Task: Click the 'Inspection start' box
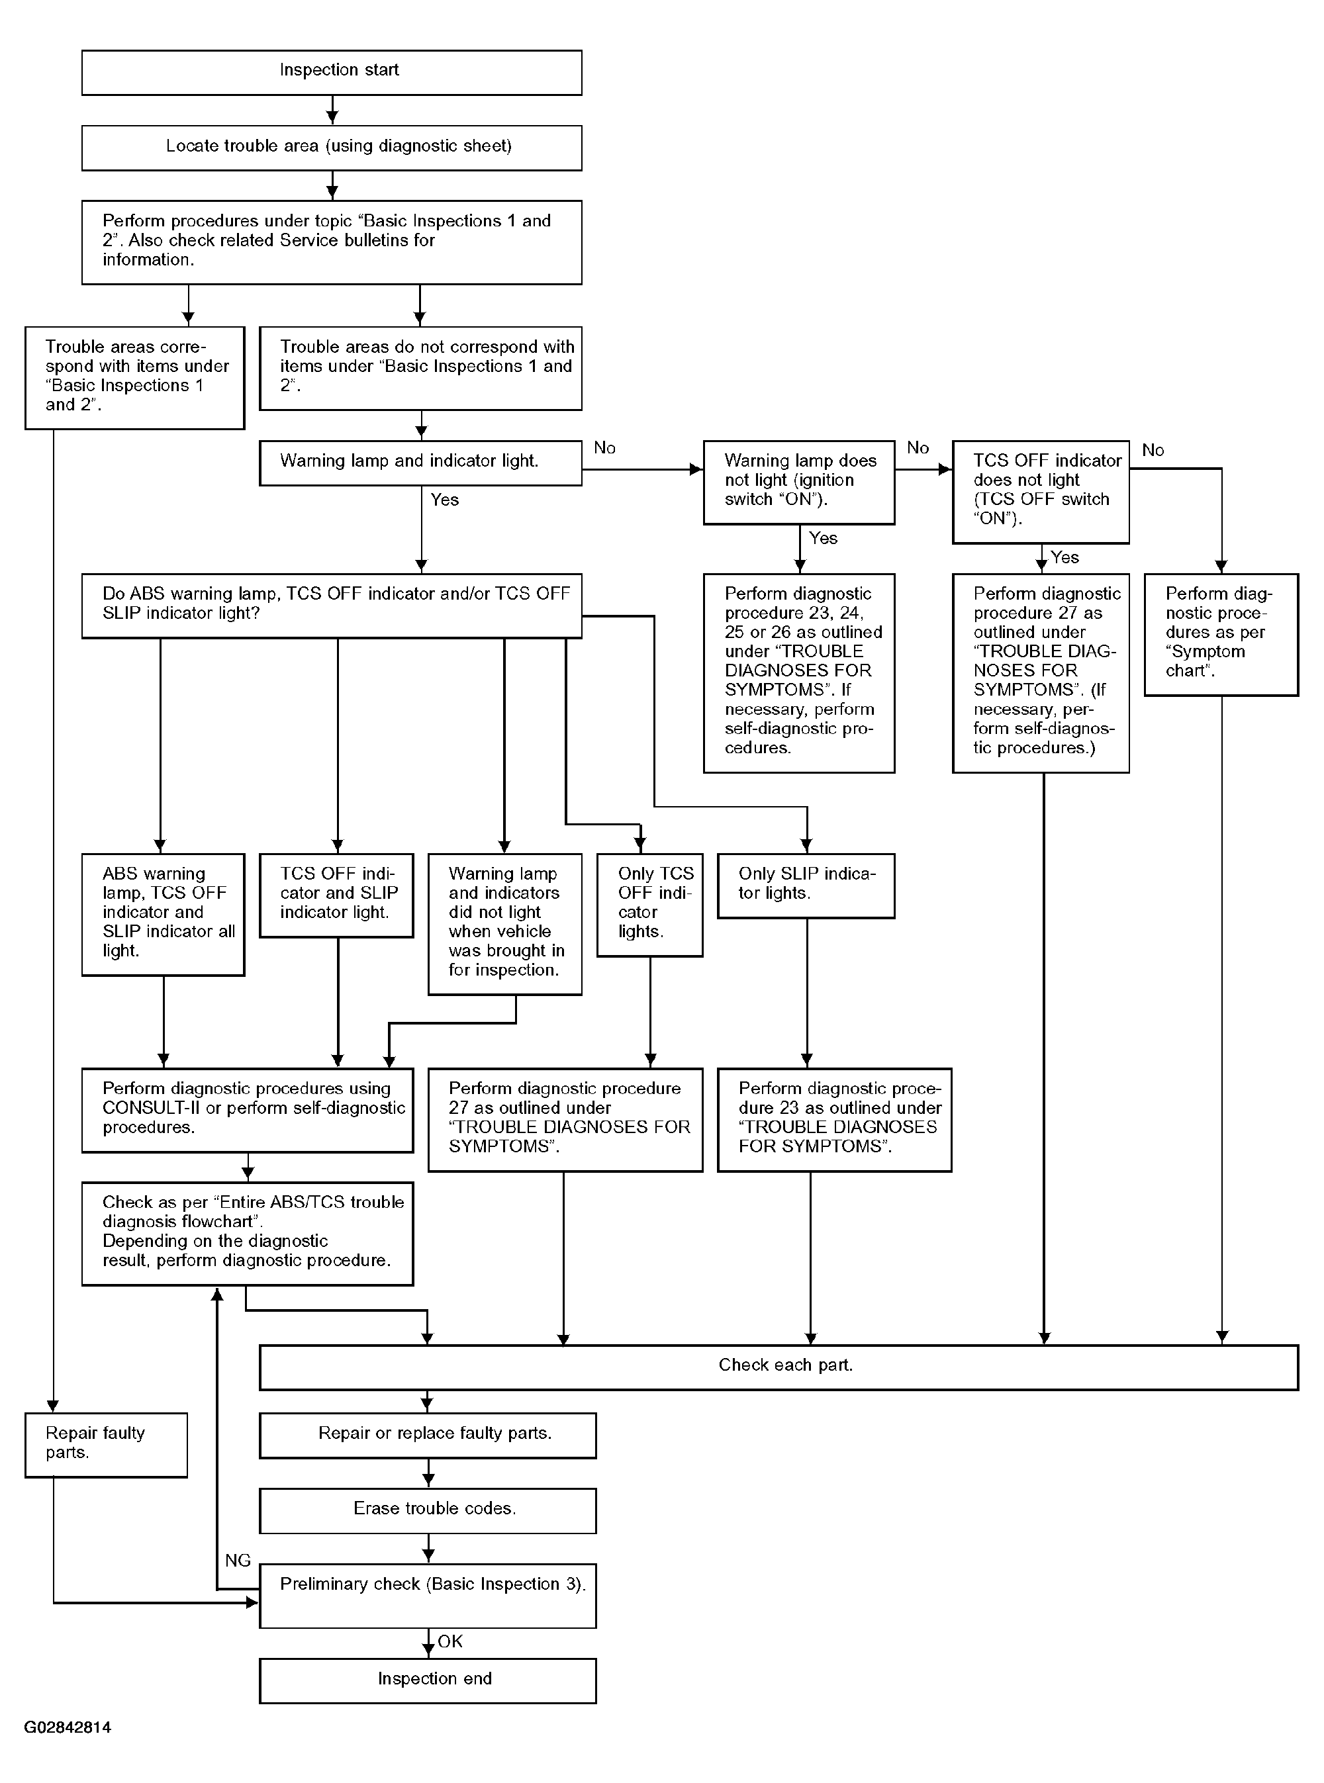331,72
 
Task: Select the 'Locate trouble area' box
331,148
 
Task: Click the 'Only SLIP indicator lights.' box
806,885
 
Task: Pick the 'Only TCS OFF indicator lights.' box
649,904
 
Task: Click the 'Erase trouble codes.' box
427,1510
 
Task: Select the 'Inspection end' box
427,1680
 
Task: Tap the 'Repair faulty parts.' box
106,1444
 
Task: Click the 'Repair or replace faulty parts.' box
427,1436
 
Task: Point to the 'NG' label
238,1560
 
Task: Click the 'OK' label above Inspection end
450,1641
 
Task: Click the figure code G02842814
68,1727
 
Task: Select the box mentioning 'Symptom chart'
1221,634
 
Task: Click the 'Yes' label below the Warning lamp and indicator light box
445,500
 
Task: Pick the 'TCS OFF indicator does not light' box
1040,491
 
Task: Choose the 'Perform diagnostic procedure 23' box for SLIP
834,1119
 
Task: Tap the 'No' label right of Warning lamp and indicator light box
604,448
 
